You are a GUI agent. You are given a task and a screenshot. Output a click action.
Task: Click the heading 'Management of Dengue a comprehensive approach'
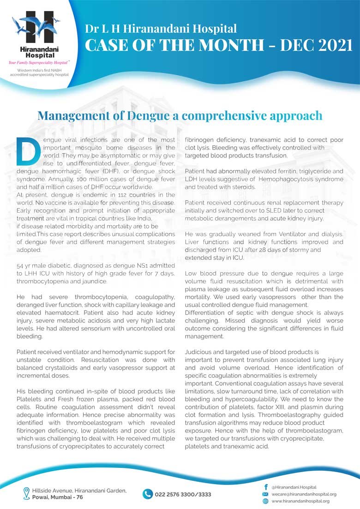(180, 115)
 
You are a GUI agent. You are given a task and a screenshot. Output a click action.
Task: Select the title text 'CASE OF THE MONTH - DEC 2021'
(219, 46)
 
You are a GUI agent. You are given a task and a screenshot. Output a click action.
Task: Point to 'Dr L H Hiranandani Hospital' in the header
(161, 29)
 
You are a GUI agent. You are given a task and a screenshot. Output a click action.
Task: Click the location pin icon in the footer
(26, 493)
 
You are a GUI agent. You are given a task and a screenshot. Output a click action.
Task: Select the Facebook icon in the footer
(265, 487)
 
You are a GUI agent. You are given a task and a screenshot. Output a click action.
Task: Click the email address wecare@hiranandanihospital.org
(304, 494)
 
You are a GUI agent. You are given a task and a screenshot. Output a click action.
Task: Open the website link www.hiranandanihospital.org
(300, 501)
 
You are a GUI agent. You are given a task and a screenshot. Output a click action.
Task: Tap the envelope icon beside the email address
(265, 494)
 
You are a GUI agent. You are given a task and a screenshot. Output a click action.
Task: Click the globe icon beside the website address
(265, 501)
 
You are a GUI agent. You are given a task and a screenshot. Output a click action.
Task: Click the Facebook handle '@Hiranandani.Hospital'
(294, 487)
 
